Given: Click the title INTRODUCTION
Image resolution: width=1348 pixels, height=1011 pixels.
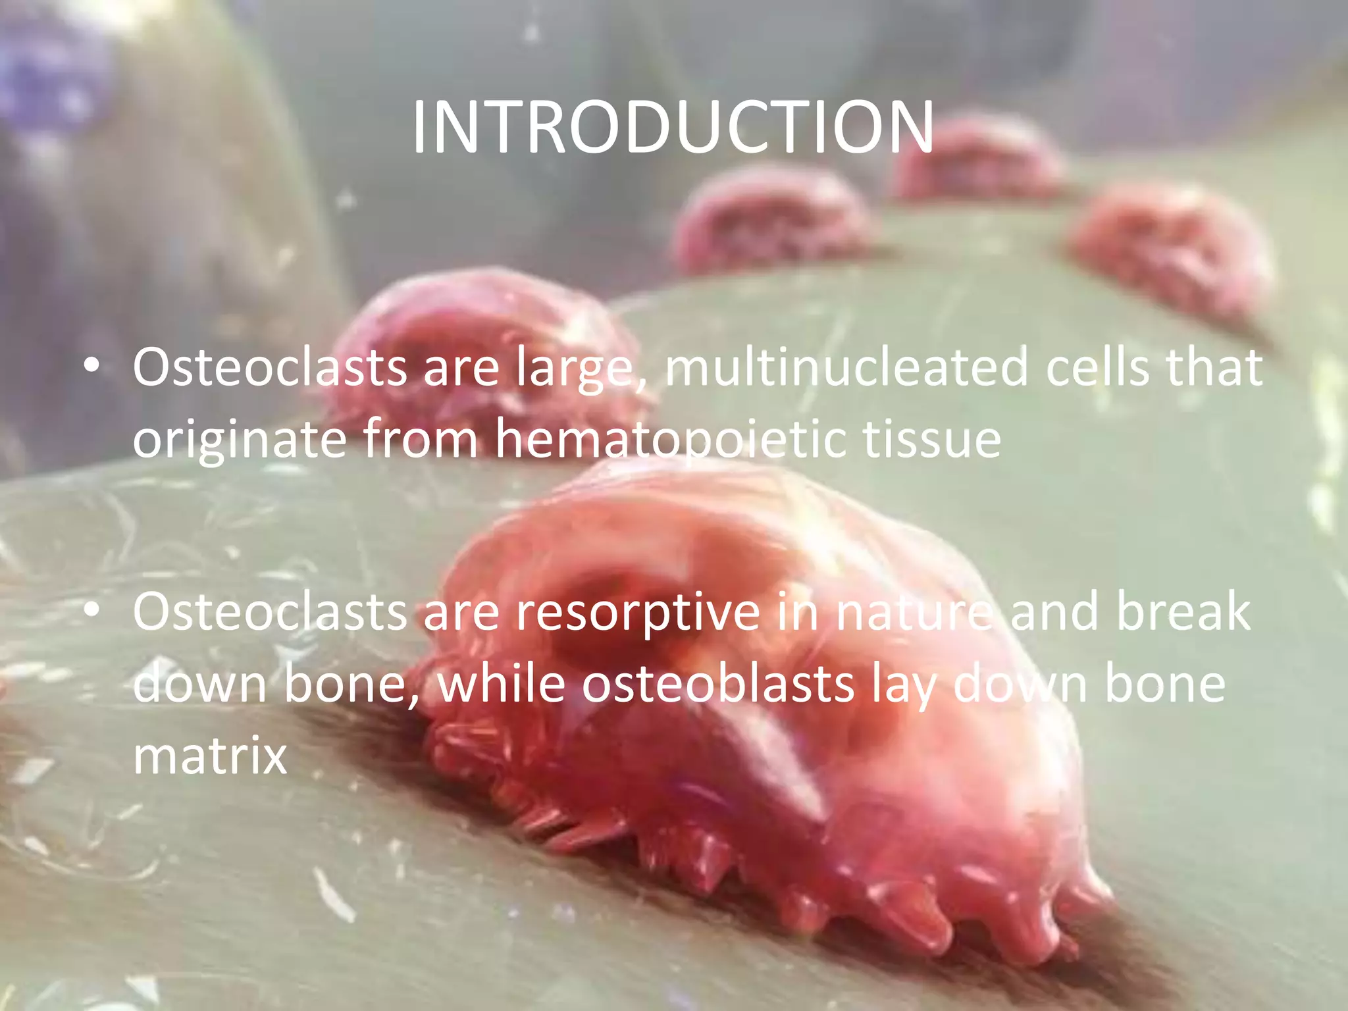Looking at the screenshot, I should [x=673, y=128].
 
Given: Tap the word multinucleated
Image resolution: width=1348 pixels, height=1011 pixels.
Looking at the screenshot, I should [x=846, y=367].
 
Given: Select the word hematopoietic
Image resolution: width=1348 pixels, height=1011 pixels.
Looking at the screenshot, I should [x=670, y=440].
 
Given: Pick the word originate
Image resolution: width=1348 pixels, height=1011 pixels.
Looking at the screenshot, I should [x=240, y=440].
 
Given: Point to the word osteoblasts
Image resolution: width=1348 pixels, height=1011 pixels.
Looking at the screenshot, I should [x=718, y=685].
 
